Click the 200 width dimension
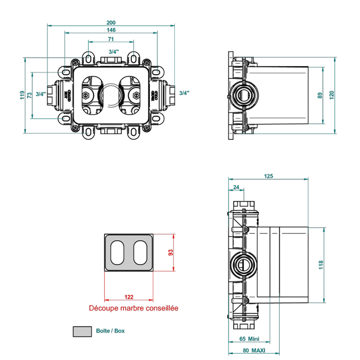point(111,23)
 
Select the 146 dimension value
point(111,30)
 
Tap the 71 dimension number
point(111,39)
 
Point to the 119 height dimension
point(22,95)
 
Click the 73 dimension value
point(30,95)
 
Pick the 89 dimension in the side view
point(320,95)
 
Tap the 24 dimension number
point(236,187)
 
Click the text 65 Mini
point(249,339)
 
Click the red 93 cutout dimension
point(171,253)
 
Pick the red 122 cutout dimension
point(129,297)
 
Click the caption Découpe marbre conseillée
point(134,309)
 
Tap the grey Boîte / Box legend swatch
point(81,331)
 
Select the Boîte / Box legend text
point(110,331)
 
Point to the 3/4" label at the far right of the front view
point(184,93)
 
